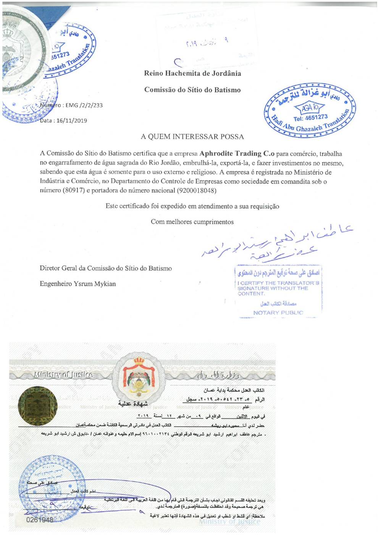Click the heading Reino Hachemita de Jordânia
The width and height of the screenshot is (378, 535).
[192, 73]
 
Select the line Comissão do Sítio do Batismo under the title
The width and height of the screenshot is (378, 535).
[192, 90]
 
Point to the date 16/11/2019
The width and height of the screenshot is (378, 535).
[72, 120]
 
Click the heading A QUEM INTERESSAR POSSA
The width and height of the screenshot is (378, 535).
[192, 136]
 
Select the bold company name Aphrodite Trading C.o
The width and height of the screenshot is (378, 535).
[237, 154]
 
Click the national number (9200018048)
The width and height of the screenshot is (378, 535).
[197, 190]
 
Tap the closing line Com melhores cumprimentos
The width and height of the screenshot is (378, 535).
[192, 222]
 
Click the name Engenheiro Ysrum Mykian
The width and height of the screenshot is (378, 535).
[78, 284]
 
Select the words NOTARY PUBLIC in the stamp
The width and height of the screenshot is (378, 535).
[278, 313]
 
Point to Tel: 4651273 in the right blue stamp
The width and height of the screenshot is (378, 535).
[310, 118]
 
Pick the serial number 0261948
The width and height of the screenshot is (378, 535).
[40, 520]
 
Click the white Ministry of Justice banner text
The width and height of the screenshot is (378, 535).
[63, 374]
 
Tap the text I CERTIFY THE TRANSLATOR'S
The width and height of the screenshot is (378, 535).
[278, 283]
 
